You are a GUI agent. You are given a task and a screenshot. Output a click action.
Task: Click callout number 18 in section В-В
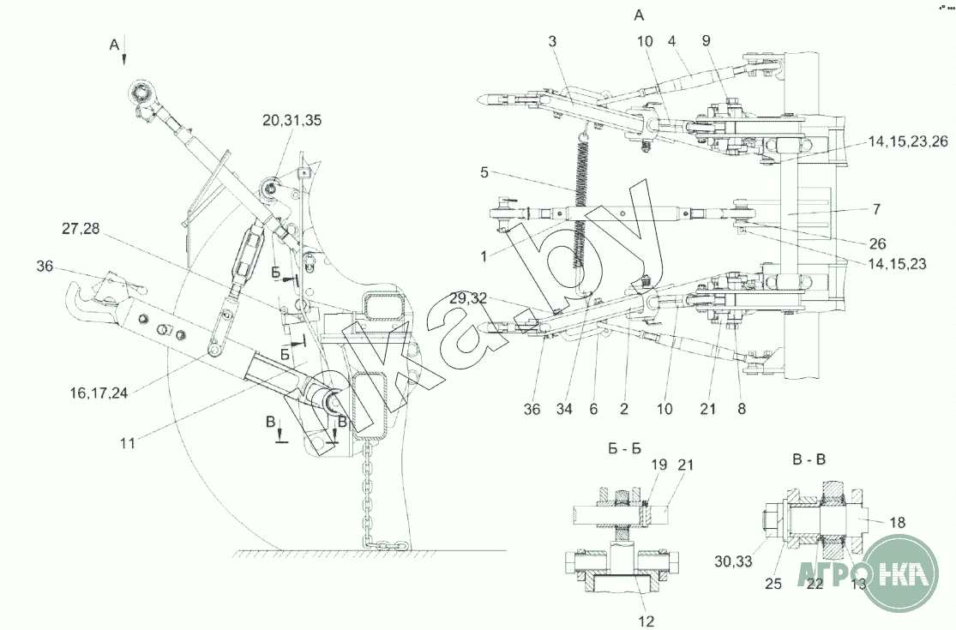[895, 520]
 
